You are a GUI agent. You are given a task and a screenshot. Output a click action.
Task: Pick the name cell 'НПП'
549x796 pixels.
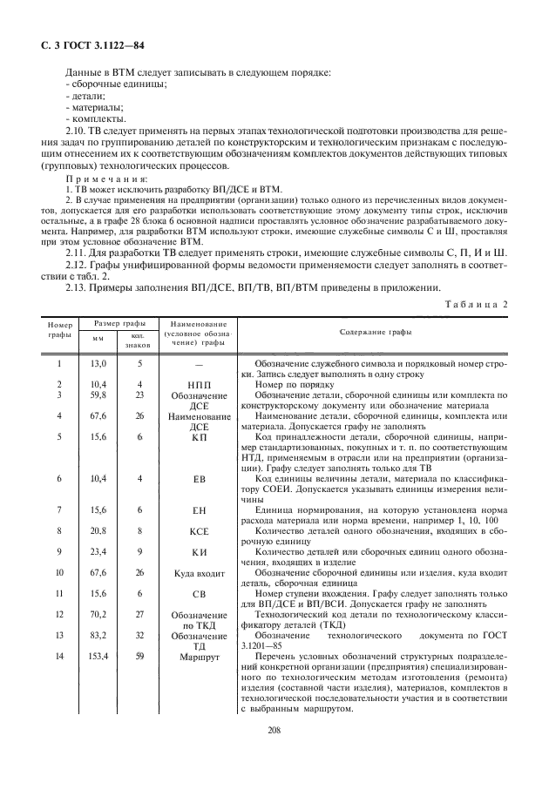pyautogui.click(x=199, y=383)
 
